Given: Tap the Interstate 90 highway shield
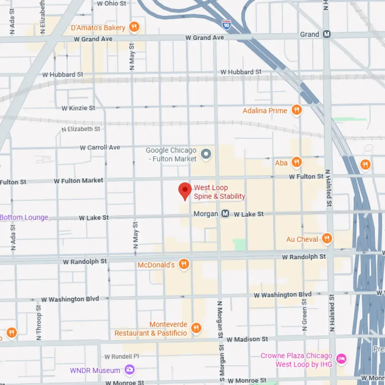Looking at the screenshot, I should pos(226,25).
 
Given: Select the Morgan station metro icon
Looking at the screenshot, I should pos(225,214).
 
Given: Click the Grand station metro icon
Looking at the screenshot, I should pos(327,35).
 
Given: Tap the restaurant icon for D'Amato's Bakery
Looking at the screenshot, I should pos(134,27).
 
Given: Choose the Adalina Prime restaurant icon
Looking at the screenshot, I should pos(296,111).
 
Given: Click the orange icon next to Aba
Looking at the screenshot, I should pos(296,163).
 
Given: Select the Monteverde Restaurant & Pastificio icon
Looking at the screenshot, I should pos(196,328).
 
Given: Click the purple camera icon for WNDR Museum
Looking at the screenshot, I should pos(129,370).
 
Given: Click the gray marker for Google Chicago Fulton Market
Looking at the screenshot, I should pos(206,154).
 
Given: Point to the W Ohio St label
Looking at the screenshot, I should pos(112,4).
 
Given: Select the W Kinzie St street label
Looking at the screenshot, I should pos(78,108).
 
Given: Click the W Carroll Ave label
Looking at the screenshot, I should pos(100,148).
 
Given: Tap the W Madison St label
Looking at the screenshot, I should pos(247,339).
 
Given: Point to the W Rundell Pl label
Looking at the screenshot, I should pos(122,357).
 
